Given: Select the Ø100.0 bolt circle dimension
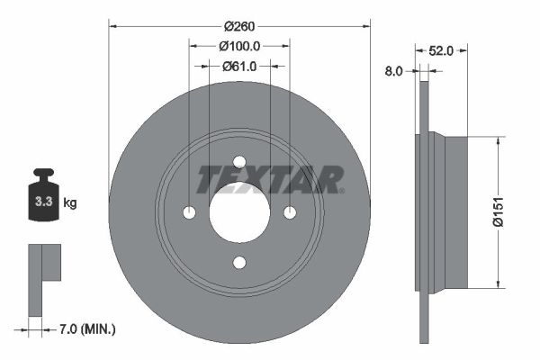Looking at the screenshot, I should coord(239,45).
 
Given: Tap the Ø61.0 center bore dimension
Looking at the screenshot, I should coord(239,66).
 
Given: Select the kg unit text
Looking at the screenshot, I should coord(70,203).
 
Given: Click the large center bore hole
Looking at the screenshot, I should coord(239,212).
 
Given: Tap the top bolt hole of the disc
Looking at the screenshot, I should coord(239,163).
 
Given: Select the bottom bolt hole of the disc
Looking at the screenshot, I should coord(239,262).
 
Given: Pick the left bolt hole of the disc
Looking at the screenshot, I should coord(189,212).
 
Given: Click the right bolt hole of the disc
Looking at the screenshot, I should coord(289,212).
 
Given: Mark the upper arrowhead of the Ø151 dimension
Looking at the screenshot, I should coord(497,141).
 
